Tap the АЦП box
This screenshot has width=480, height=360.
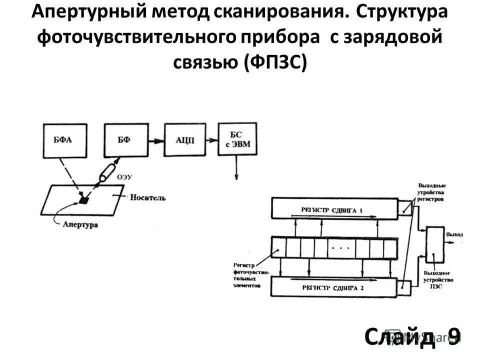[184, 140]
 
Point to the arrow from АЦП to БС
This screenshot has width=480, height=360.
[210, 140]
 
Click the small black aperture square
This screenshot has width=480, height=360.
[84, 200]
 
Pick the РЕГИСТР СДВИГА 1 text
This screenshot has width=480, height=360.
[331, 210]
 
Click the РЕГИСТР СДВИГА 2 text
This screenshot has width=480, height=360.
[331, 288]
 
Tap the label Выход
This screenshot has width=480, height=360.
[454, 234]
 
